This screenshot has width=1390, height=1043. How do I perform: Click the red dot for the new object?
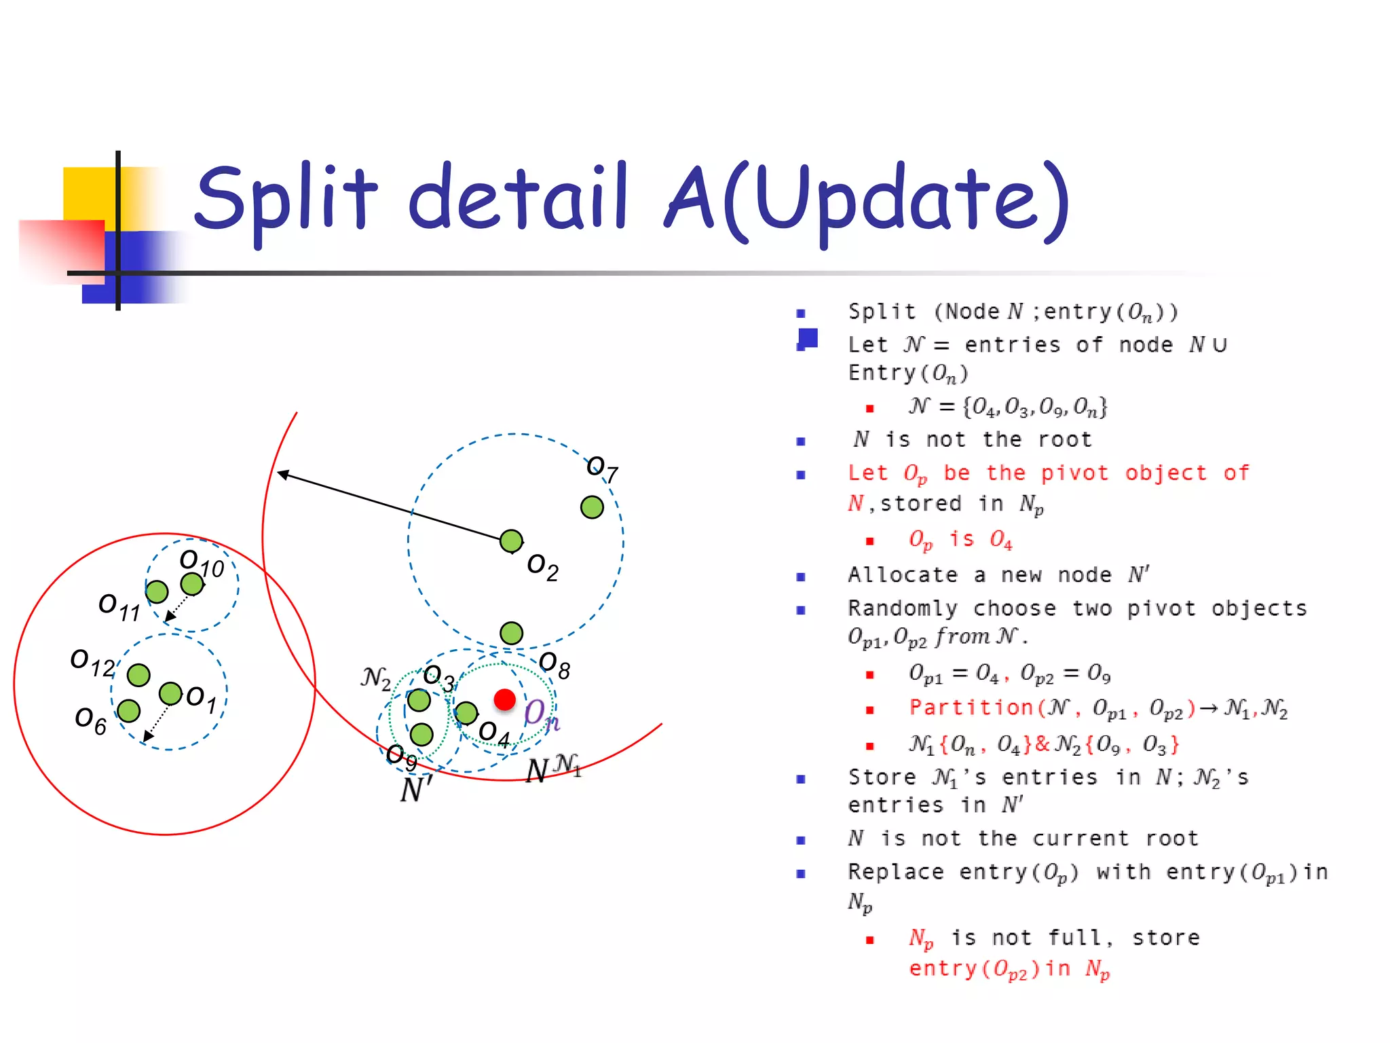pos(504,699)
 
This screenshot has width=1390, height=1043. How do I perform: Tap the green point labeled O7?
pos(592,507)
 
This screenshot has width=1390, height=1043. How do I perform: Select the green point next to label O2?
pos(511,541)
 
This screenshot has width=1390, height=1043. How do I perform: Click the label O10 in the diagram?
pos(202,564)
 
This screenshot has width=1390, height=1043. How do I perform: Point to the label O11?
pos(119,606)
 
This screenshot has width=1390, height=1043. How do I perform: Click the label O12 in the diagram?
pos(93,663)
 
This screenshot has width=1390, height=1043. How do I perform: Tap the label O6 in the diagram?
pos(90,720)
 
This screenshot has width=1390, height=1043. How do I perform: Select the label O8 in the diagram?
pos(554,665)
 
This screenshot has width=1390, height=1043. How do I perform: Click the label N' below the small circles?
pos(416,790)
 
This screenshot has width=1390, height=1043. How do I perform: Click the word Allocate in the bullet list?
pos(902,575)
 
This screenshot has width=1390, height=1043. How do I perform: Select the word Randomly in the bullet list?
pos(902,608)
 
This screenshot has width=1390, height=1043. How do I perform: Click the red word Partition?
pos(971,708)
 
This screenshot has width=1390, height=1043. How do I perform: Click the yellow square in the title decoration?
pos(88,194)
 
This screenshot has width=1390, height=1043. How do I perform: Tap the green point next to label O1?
pos(170,693)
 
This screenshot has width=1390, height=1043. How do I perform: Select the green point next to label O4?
pos(466,713)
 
